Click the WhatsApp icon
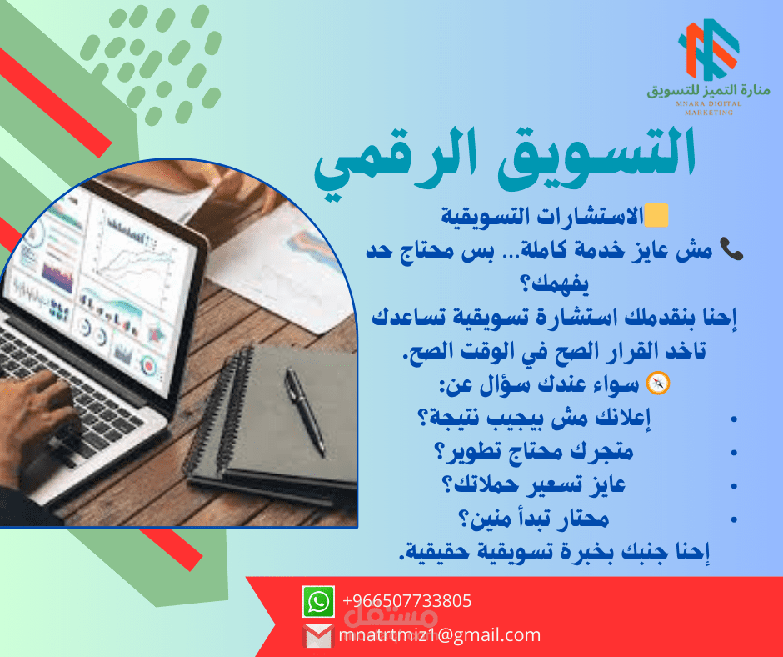[318, 601]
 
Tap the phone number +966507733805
[407, 600]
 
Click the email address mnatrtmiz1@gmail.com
[440, 635]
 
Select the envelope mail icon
[317, 636]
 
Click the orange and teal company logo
[709, 49]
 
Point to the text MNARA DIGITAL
[709, 104]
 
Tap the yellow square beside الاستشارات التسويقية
[656, 215]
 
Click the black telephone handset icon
[731, 249]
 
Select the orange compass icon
[658, 384]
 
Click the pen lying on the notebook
[304, 412]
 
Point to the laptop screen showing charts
[95, 290]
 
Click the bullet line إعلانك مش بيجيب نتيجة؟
[533, 418]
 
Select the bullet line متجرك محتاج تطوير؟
[534, 452]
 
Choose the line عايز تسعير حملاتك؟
[534, 485]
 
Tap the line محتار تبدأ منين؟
[534, 519]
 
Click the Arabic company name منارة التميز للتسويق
[709, 91]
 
